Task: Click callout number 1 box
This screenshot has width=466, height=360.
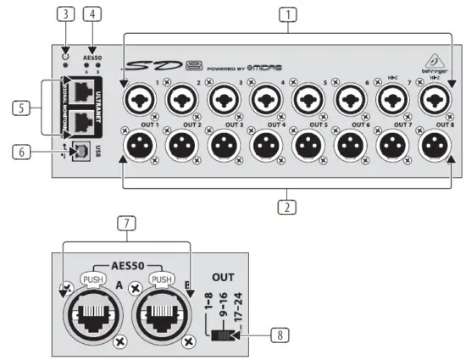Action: (291, 14)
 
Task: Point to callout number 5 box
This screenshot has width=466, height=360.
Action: (23, 108)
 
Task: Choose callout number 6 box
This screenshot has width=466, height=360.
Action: (23, 152)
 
